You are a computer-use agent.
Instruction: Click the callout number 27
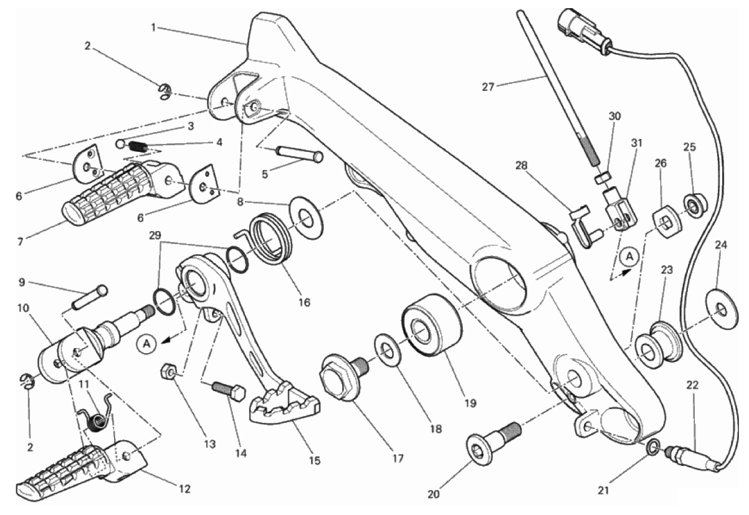(x=488, y=88)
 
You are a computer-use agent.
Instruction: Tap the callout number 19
(x=470, y=404)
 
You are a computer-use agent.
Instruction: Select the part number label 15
(x=314, y=461)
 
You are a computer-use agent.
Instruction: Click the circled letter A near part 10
(x=146, y=344)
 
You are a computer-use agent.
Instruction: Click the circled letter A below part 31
(x=629, y=257)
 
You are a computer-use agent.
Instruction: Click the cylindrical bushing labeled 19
(x=432, y=325)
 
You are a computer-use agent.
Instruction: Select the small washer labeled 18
(x=388, y=353)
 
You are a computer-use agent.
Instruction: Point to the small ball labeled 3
(x=121, y=144)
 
